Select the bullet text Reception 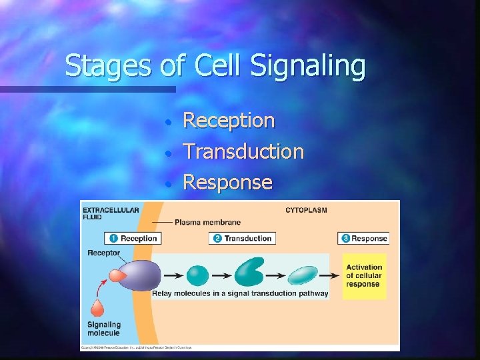coord(229,121)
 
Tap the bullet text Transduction coord(243,151)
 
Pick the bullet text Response coord(227,181)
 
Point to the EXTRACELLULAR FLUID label coord(111,213)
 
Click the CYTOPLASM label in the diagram coord(306,211)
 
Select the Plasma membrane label coord(208,222)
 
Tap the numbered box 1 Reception coord(133,238)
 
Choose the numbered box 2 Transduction coord(242,238)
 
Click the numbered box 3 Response coord(363,238)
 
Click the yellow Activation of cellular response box coord(364,275)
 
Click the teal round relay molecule coord(197,275)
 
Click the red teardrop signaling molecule coord(97,307)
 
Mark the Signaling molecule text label coord(104,329)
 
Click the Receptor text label coord(103,253)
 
